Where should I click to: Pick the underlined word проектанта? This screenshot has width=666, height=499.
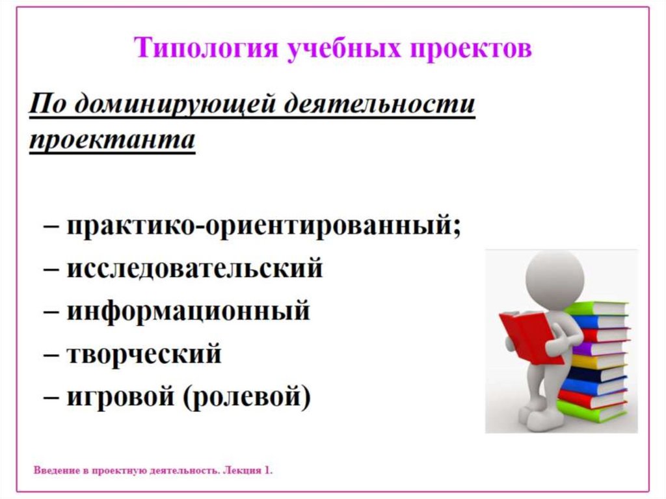112,141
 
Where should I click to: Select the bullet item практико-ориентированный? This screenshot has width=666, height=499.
263,227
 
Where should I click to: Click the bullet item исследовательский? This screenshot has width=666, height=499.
194,268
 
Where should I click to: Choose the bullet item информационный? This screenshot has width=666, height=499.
188,311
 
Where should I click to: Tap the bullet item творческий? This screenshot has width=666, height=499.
144,354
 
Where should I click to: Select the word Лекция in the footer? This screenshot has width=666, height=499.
241,470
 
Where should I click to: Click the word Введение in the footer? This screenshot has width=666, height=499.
56,470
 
